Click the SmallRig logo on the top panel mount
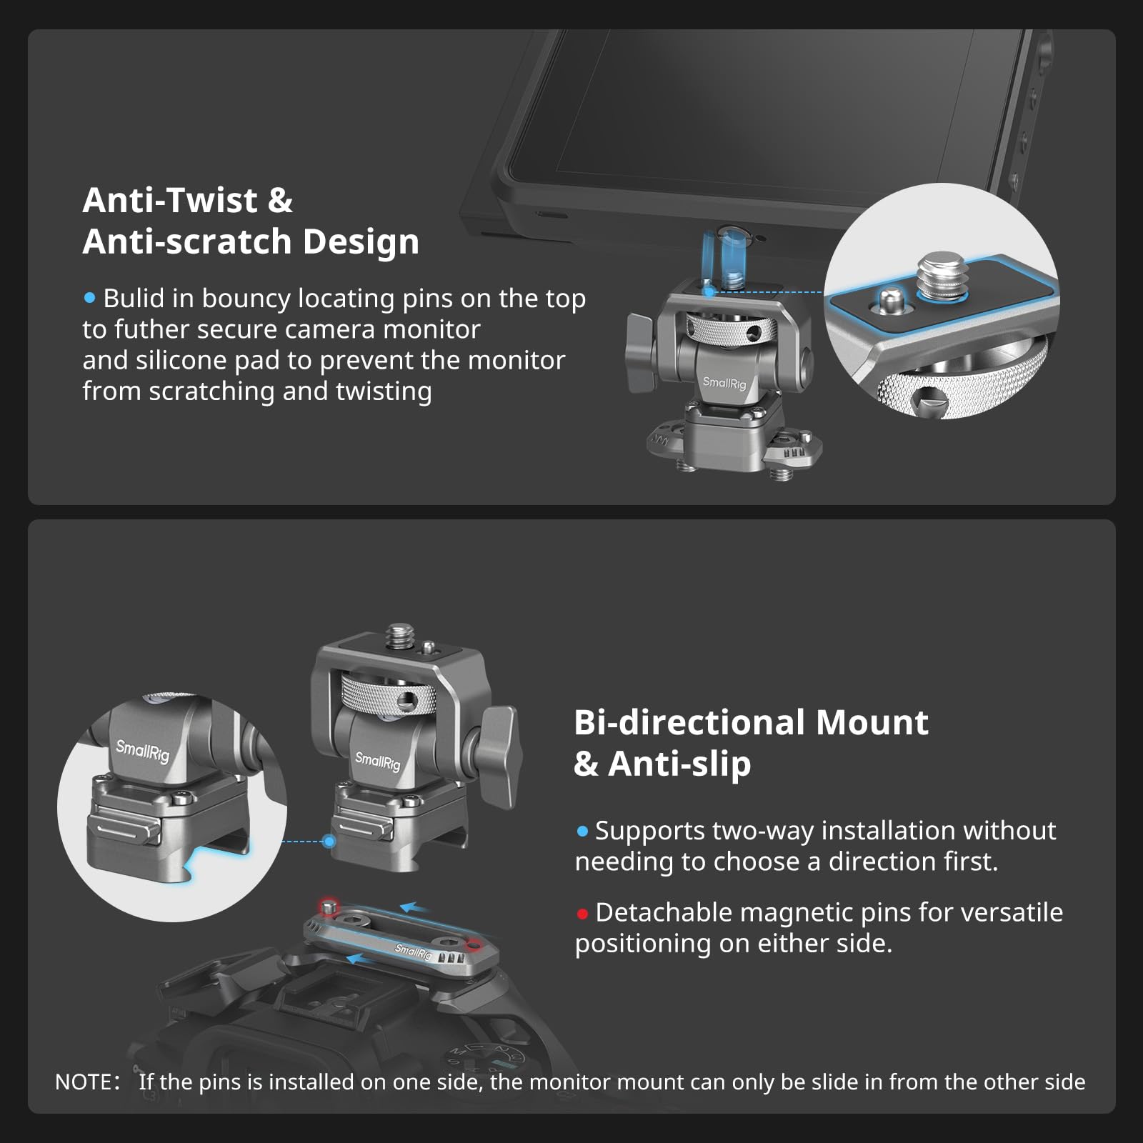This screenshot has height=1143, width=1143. coord(724,383)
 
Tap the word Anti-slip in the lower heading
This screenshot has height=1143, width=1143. coord(679,764)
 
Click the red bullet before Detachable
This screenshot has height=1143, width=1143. coord(582,914)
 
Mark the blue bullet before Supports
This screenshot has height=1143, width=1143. coord(582,832)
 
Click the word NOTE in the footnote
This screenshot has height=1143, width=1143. coord(82,1082)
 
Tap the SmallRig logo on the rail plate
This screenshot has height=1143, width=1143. coord(414,951)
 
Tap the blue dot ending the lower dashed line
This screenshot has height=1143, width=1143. coord(329,842)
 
